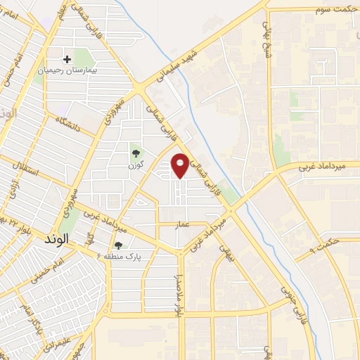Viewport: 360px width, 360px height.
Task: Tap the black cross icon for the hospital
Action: coord(68,60)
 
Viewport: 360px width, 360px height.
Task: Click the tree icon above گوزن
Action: coord(134,151)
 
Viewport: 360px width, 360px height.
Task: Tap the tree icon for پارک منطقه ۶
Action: coord(118,245)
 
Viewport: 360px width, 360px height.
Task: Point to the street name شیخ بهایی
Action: coord(266,33)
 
